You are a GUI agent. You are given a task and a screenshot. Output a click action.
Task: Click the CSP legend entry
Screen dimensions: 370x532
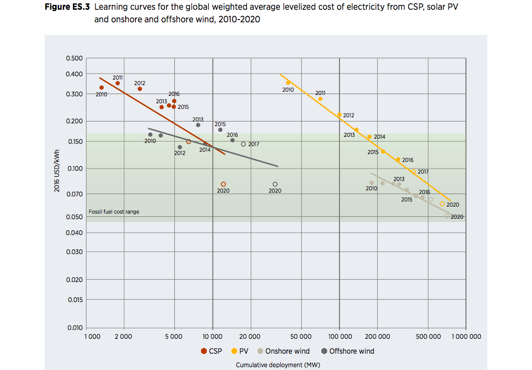click(211, 351)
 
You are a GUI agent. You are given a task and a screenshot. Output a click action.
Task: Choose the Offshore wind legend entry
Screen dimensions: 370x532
click(347, 351)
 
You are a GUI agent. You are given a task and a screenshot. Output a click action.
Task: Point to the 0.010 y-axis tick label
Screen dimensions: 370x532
click(75, 328)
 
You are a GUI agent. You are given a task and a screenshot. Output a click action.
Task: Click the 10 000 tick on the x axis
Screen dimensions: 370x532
click(213, 336)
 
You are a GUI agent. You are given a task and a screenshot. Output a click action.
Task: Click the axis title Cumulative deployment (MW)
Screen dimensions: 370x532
click(278, 365)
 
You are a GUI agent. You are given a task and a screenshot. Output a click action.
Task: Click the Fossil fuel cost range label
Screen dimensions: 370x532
click(114, 212)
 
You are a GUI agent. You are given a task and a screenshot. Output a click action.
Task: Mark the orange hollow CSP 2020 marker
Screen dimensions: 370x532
click(223, 184)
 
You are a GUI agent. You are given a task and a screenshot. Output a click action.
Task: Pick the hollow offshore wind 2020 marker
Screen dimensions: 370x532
click(275, 184)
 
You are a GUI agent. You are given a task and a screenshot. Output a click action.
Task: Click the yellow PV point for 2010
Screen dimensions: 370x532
click(288, 83)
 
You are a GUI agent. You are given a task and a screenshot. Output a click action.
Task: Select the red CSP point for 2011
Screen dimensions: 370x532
click(118, 83)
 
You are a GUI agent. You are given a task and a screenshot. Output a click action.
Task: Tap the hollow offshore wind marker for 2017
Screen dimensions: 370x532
click(243, 144)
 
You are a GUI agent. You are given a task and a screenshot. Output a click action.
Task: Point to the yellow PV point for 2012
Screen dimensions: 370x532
click(339, 114)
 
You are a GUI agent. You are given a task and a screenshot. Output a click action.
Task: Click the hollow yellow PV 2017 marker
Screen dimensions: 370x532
click(413, 172)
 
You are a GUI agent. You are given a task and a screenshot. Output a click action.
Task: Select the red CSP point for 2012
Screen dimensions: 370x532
click(140, 89)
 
